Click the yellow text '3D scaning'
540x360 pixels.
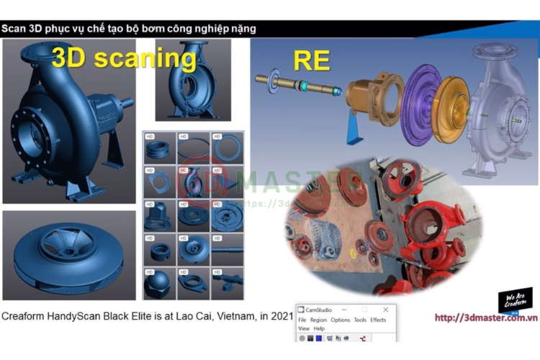point(123,58)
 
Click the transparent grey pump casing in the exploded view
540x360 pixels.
point(496,108)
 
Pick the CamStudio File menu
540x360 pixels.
point(302,320)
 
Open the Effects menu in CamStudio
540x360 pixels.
point(378,320)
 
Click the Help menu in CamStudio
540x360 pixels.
point(319,328)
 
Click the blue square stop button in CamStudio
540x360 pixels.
point(320,338)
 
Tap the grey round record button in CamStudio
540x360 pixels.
point(302,338)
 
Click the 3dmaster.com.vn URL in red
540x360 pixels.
point(487,318)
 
